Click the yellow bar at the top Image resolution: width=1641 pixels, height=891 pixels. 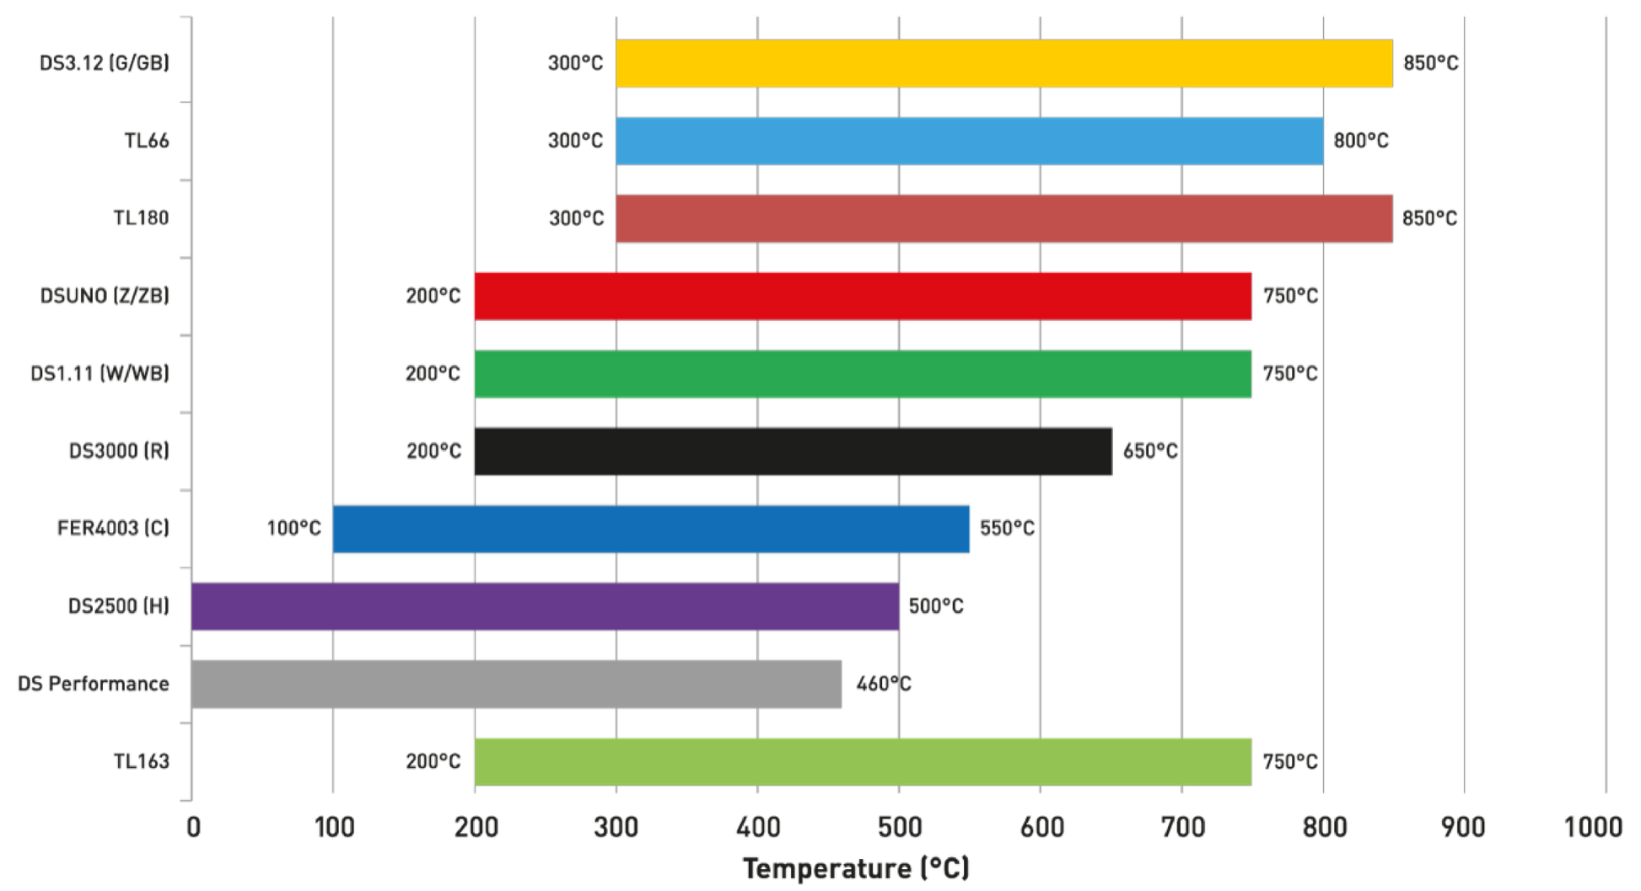tap(1003, 63)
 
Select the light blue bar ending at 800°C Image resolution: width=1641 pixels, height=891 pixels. tap(970, 141)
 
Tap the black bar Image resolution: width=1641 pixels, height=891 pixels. tap(793, 452)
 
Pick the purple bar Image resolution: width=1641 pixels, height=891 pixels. tap(545, 606)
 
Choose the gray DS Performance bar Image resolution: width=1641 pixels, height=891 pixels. tap(516, 684)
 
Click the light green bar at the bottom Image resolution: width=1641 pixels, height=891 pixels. tap(862, 761)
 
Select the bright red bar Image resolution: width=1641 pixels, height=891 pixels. tap(862, 296)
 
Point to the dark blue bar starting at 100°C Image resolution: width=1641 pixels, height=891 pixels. tap(651, 529)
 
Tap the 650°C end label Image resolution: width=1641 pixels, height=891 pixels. tap(1149, 452)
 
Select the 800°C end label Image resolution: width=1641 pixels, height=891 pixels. tap(1359, 141)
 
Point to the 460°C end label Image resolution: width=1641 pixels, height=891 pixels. tap(884, 684)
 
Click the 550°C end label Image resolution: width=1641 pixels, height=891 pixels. tap(1007, 529)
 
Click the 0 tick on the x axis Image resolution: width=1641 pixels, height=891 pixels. tap(193, 827)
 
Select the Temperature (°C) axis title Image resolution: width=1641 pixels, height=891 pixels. tap(856, 868)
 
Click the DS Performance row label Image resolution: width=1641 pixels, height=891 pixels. tap(93, 684)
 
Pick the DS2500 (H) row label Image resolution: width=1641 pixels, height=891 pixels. tap(119, 606)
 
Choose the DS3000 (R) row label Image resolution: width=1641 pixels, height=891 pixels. tap(119, 451)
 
